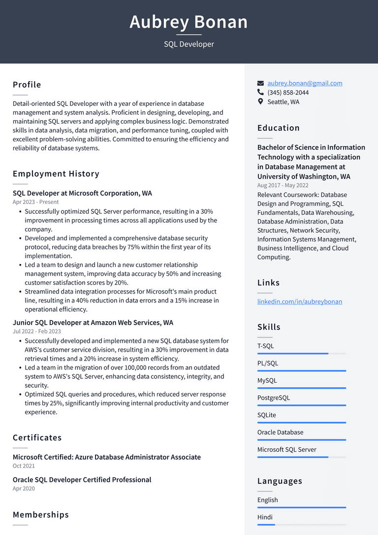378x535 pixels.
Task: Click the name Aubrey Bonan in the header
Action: pyautogui.click(x=189, y=22)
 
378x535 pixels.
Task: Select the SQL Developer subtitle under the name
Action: pyautogui.click(x=189, y=44)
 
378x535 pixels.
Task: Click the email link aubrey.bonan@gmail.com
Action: pyautogui.click(x=305, y=83)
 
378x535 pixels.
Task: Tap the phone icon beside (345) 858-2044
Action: pyautogui.click(x=260, y=92)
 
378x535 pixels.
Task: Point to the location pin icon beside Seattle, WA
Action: pyautogui.click(x=260, y=101)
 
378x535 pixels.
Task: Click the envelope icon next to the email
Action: pyautogui.click(x=260, y=83)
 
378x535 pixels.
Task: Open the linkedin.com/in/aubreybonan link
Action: pyautogui.click(x=299, y=301)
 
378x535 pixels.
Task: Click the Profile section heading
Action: pyautogui.click(x=27, y=85)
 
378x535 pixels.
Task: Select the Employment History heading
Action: pyautogui.click(x=56, y=174)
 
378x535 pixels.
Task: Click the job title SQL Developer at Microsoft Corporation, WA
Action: pyautogui.click(x=82, y=193)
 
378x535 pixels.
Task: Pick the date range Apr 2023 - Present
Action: pyautogui.click(x=35, y=202)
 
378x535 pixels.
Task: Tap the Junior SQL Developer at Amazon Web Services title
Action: pyautogui.click(x=93, y=323)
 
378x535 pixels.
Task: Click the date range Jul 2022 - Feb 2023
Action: pyautogui.click(x=37, y=332)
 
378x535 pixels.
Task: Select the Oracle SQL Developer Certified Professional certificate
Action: pyautogui.click(x=82, y=480)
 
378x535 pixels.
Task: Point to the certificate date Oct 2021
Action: pyautogui.click(x=24, y=466)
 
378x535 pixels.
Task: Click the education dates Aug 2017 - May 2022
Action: pyautogui.click(x=283, y=186)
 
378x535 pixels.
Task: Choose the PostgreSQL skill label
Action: pyautogui.click(x=274, y=398)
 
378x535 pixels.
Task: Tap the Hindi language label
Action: pyautogui.click(x=265, y=517)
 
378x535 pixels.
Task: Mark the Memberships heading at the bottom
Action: pyautogui.click(x=41, y=515)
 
